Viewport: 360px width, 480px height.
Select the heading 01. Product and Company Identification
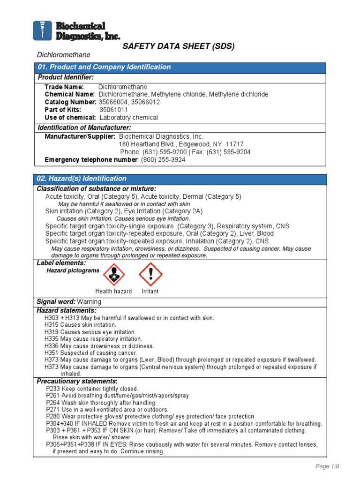pos(104,67)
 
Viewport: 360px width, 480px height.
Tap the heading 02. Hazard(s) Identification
pos(82,179)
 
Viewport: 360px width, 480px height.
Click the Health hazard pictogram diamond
pos(113,275)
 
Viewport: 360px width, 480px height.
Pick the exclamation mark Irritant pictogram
pos(150,275)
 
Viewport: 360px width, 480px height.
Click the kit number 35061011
pos(113,110)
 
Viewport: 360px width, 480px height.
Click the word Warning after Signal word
pos(89,302)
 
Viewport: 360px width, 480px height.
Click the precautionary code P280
pos(54,416)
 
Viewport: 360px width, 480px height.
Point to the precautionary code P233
pos(54,389)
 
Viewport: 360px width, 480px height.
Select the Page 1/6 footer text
pos(327,466)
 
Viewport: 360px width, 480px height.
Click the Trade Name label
pos(64,87)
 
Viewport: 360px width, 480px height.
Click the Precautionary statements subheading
pos(77,381)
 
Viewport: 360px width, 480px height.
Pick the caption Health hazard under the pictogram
pos(113,291)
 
